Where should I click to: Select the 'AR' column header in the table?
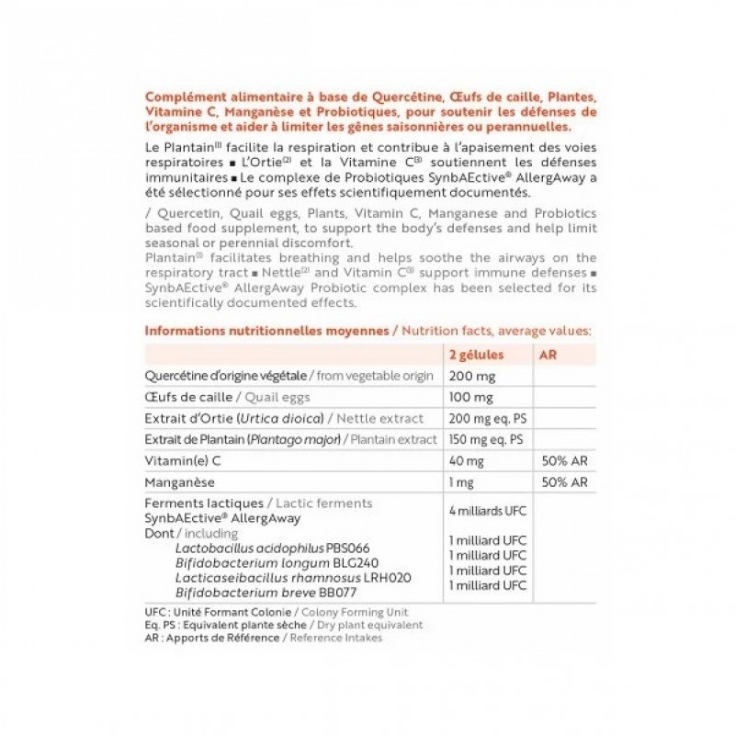[x=546, y=355]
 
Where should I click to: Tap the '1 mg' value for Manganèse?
[x=461, y=482]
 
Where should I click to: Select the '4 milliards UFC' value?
[x=487, y=510]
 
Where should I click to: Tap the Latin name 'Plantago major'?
[x=292, y=440]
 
